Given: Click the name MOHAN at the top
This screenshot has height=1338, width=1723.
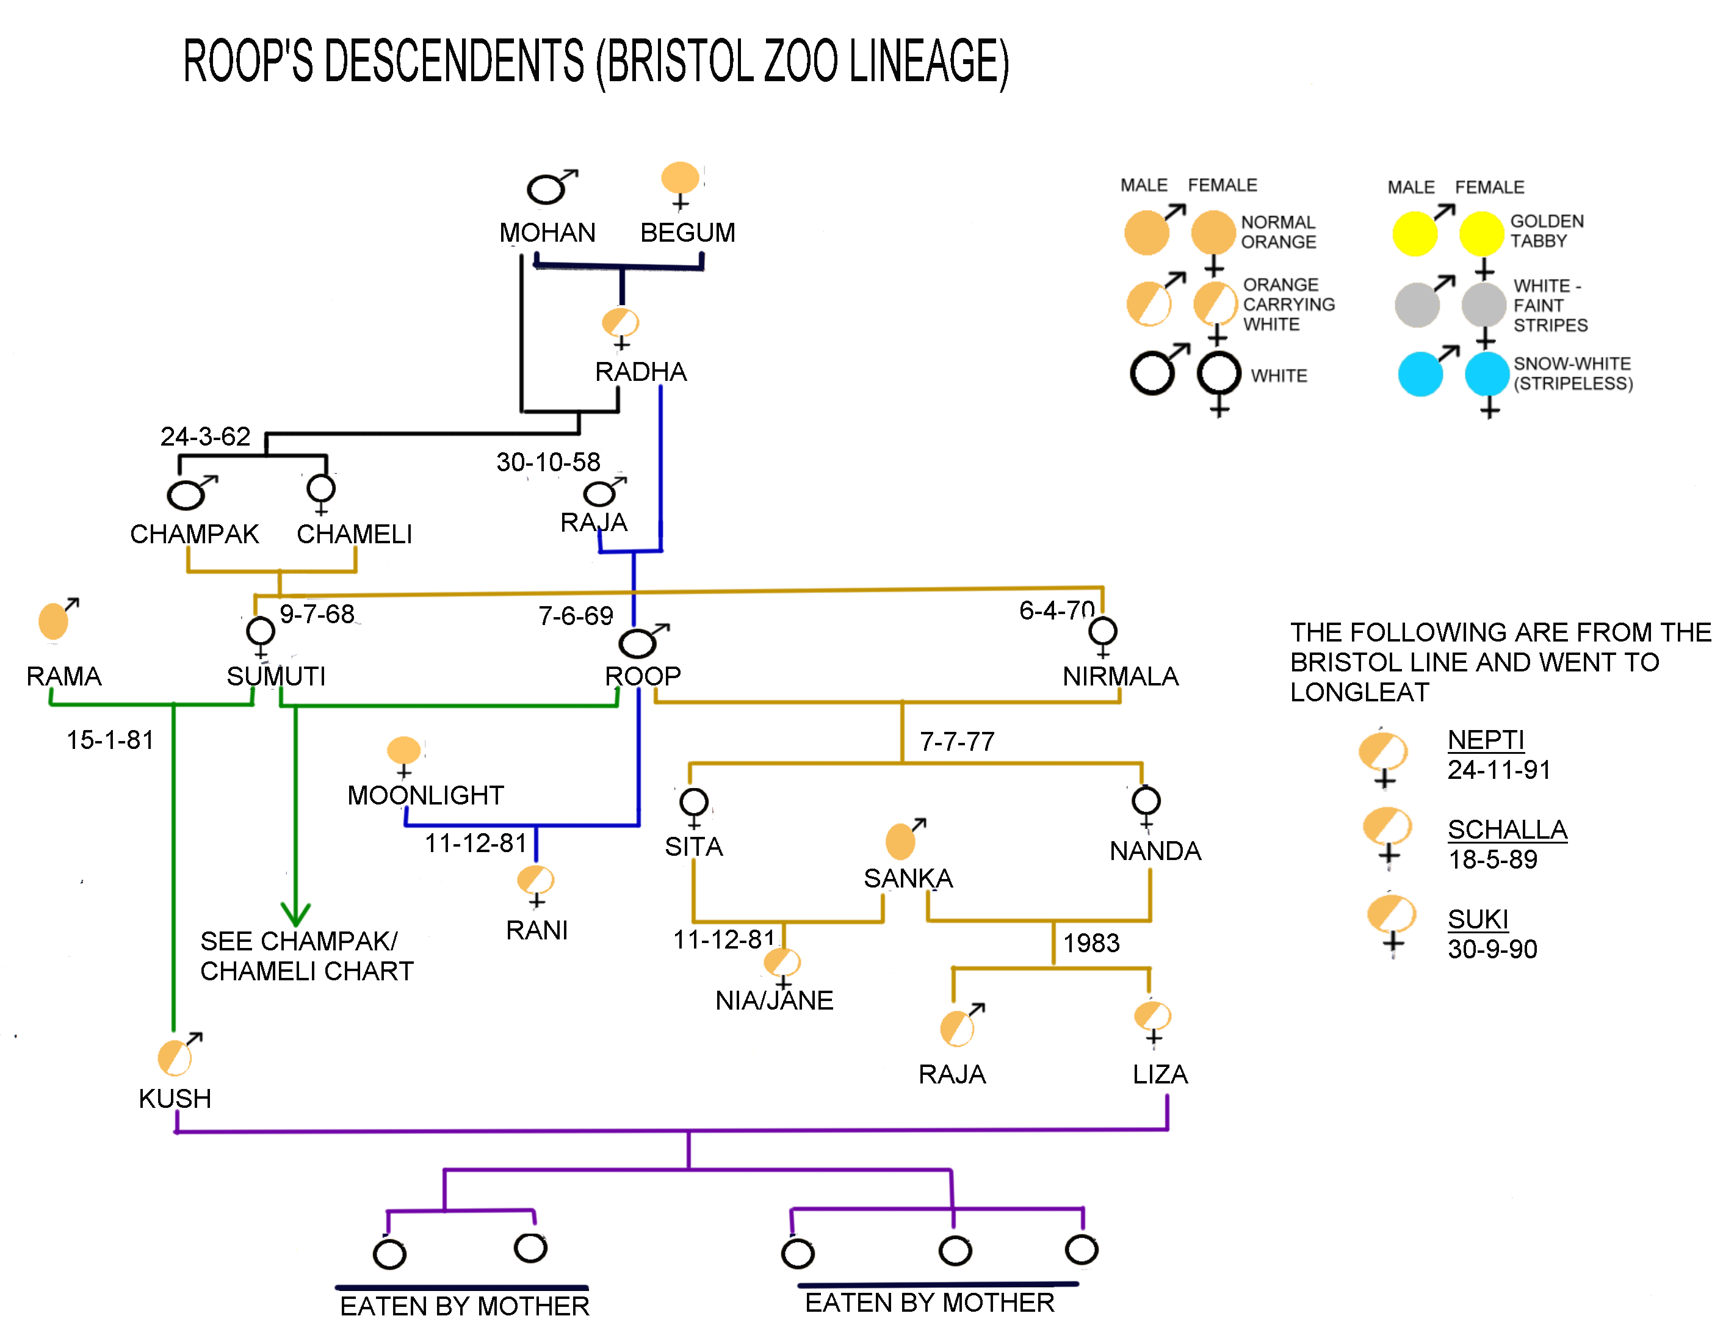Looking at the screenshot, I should click(x=547, y=233).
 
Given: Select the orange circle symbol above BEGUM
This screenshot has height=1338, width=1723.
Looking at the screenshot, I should click(x=679, y=178).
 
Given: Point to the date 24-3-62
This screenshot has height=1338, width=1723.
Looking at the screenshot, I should click(x=205, y=436).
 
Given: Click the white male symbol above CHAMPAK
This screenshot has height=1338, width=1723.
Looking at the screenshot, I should click(x=186, y=494).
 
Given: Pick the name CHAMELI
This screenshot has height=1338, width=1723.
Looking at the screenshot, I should click(x=354, y=534).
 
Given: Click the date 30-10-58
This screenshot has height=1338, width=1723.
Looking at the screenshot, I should click(x=547, y=461).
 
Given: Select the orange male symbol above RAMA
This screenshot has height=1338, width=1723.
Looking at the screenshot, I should click(x=54, y=620).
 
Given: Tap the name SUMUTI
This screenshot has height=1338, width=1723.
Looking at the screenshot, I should click(x=275, y=676).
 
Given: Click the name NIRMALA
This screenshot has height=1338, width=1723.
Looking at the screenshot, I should click(x=1119, y=676).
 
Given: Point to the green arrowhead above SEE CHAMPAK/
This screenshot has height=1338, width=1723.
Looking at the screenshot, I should click(x=295, y=915).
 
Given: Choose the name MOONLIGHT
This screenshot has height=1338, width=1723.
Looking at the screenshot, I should click(x=425, y=795).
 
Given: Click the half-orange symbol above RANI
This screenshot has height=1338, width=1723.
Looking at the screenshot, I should click(x=535, y=879).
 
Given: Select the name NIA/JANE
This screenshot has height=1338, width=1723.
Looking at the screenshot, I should click(x=774, y=1000).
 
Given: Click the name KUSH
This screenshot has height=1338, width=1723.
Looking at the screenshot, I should click(x=175, y=1098).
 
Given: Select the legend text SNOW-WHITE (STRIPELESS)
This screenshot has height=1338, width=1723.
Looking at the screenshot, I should click(x=1572, y=373).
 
